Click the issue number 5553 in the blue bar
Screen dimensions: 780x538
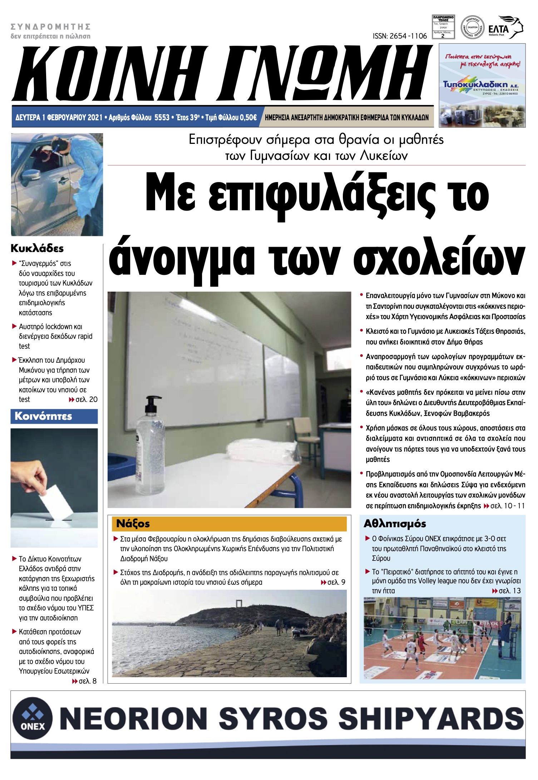162,117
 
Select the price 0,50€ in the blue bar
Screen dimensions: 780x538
248,117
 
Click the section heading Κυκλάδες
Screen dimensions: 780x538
37,248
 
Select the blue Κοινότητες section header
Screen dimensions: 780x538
54,416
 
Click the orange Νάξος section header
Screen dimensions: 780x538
229,524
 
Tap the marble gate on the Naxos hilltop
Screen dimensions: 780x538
238,605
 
